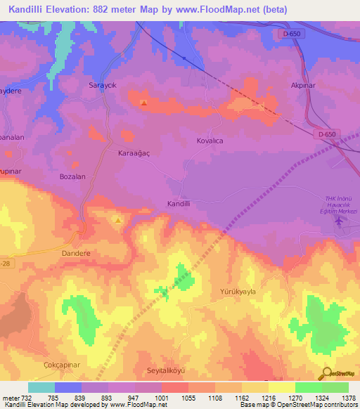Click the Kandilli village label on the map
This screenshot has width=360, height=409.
point(179,203)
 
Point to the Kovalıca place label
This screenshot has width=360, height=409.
point(209,141)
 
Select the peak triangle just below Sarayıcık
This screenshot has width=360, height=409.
point(144,103)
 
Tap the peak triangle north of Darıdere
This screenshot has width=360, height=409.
point(118,221)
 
